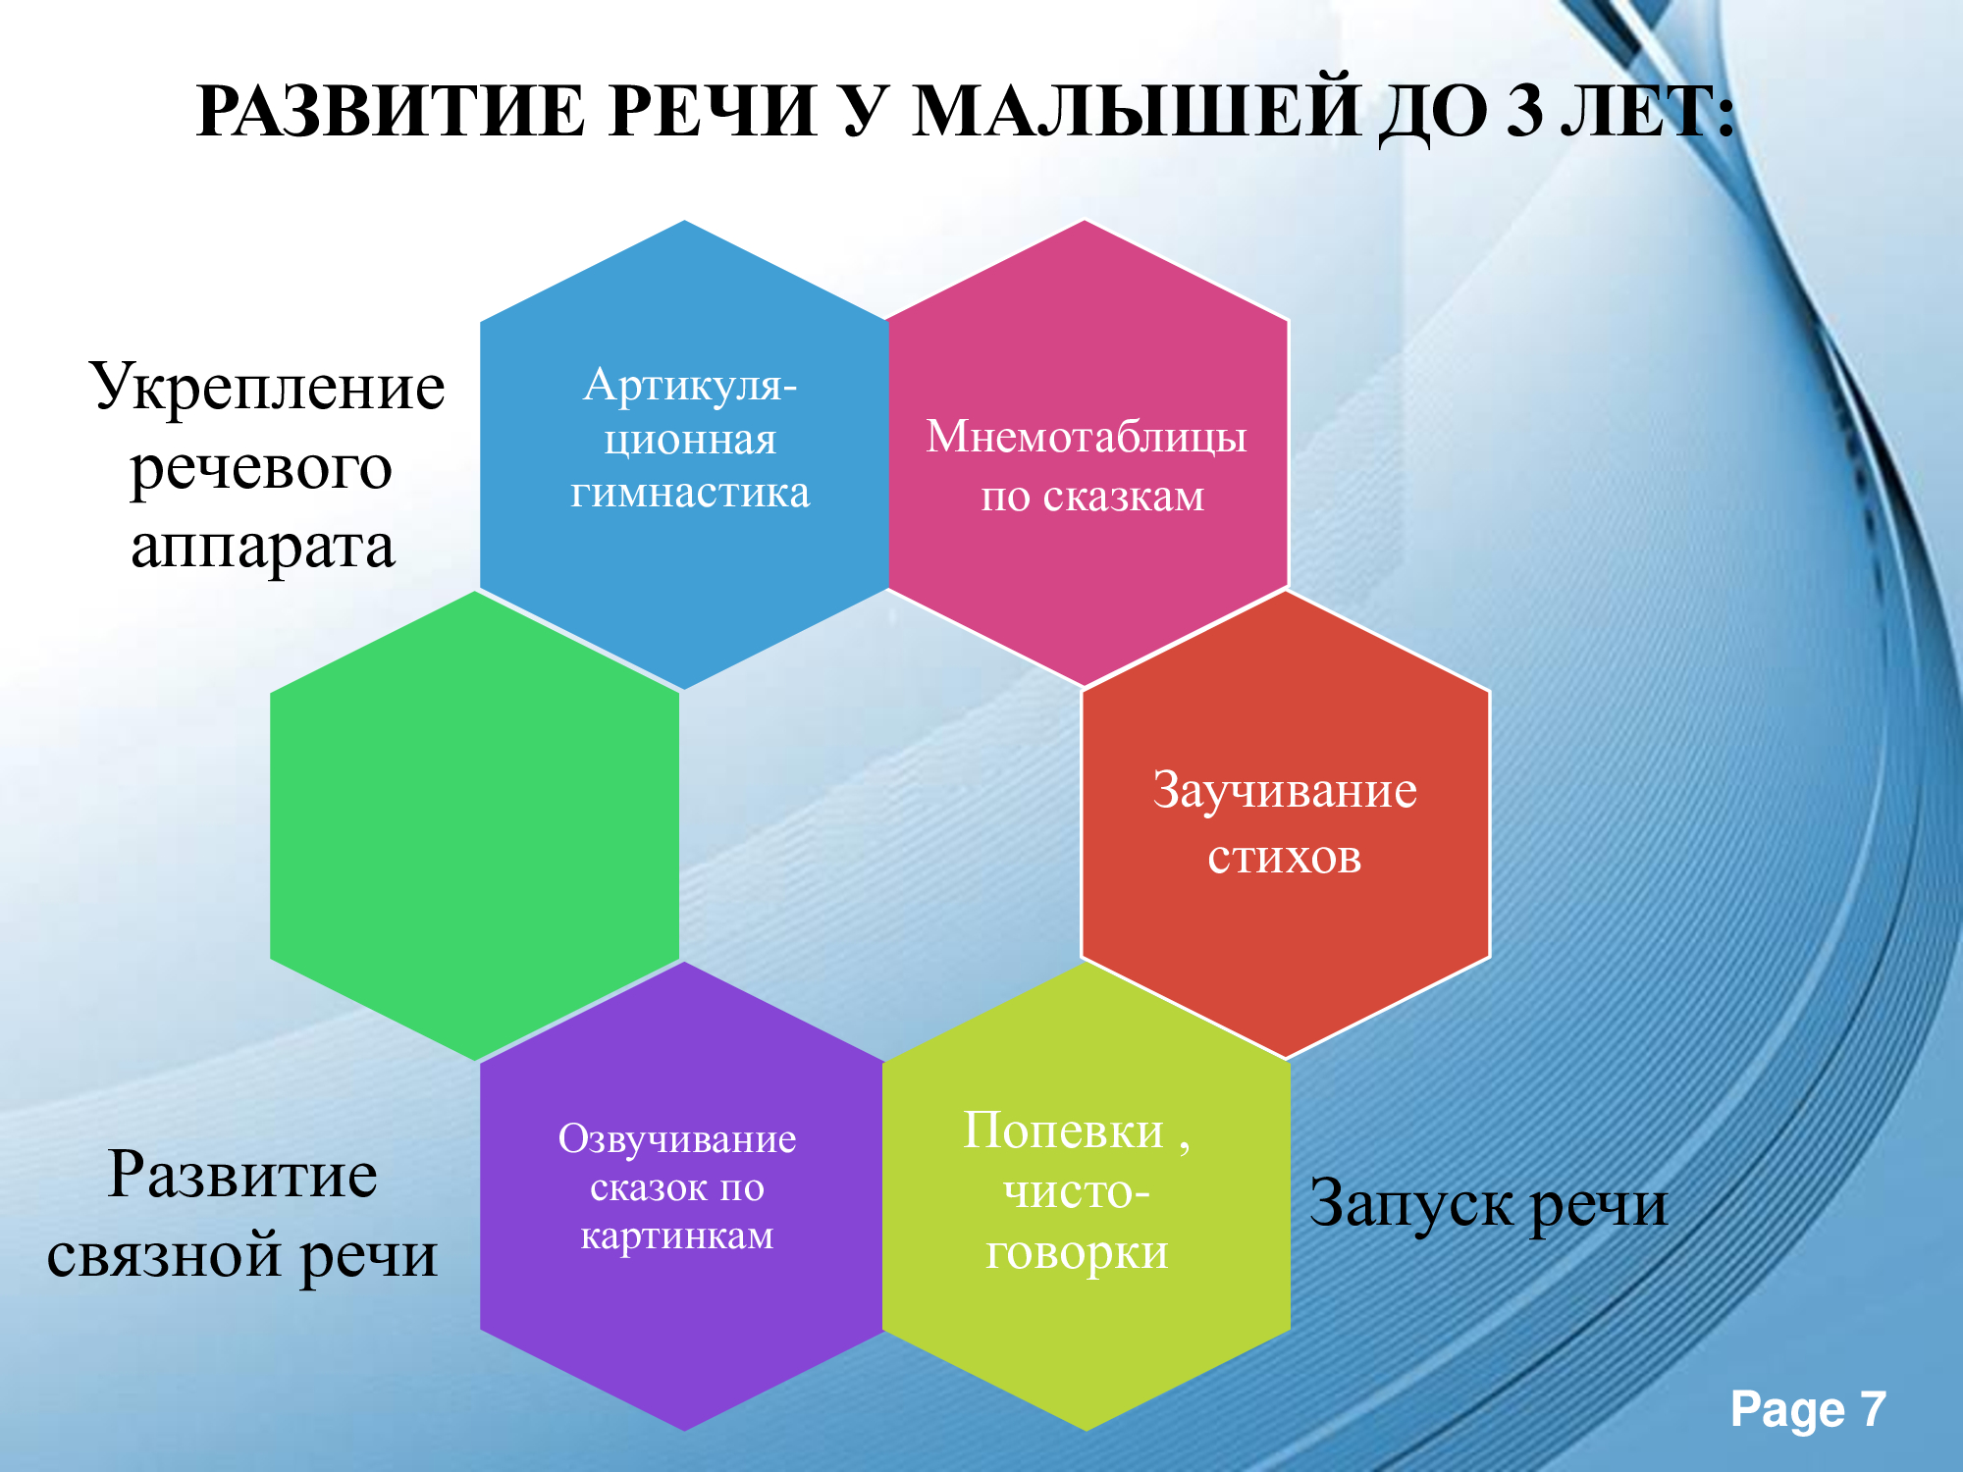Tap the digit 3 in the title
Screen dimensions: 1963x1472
(1524, 111)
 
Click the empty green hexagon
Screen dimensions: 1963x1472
(475, 825)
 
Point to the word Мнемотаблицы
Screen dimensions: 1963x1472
(1087, 438)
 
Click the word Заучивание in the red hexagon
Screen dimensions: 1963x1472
(1285, 790)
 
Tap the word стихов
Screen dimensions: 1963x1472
(1285, 858)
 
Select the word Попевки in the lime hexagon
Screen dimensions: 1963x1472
(1063, 1130)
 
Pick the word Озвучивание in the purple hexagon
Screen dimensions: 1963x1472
(677, 1139)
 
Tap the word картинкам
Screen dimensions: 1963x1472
(677, 1235)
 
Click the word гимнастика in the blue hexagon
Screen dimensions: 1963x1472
(690, 492)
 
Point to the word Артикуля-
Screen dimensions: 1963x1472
(690, 386)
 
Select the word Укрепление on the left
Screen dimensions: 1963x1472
(268, 388)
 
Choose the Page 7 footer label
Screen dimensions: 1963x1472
(1808, 1410)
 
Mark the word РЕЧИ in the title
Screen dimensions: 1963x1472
(713, 111)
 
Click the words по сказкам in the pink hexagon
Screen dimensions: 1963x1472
(1092, 498)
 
